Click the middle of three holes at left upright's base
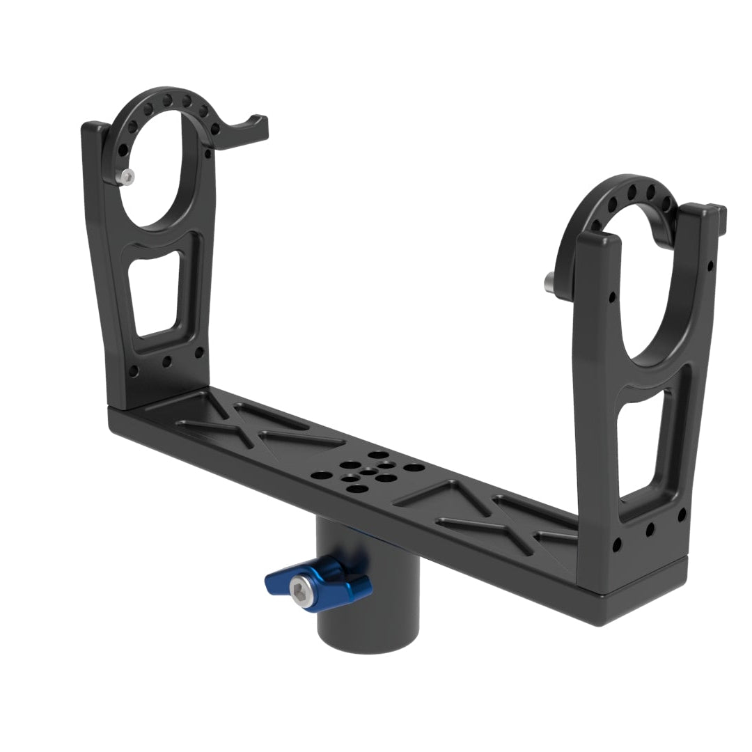(x=166, y=363)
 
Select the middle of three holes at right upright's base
(x=650, y=530)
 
